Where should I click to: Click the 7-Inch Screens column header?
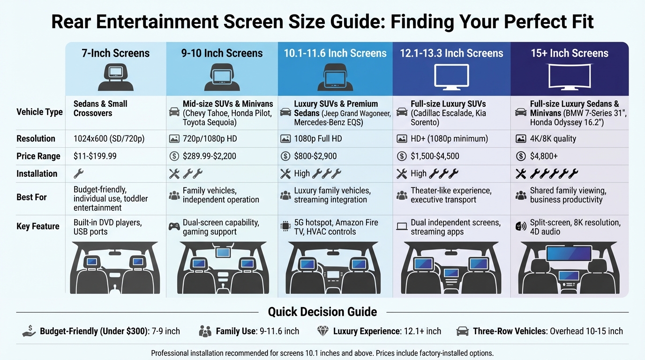[115, 53]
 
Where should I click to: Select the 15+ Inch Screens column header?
[569, 53]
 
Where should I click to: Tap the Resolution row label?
[36, 139]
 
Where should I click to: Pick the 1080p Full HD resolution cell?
[318, 139]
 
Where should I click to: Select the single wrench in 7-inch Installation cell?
[79, 174]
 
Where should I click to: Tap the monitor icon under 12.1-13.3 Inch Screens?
[451, 77]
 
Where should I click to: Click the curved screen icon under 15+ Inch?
[569, 77]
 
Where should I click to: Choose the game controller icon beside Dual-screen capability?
[174, 226]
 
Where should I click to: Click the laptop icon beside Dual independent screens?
[402, 226]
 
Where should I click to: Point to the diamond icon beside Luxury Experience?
[323, 331]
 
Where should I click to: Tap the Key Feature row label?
[38, 226]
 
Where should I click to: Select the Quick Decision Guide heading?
[322, 312]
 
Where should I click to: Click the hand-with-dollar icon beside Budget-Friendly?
[29, 331]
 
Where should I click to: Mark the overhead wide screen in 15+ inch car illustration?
[569, 254]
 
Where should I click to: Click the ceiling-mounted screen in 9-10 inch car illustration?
[223, 253]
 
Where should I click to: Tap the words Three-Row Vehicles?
[510, 331]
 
